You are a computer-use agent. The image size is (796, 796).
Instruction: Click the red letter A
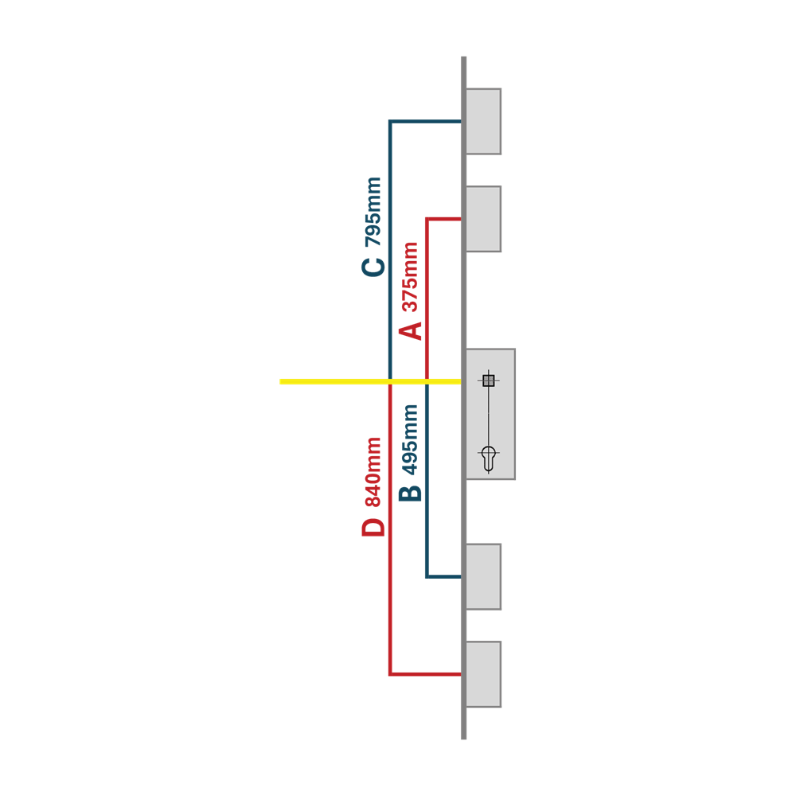(x=410, y=330)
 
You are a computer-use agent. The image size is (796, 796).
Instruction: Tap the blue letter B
(x=410, y=494)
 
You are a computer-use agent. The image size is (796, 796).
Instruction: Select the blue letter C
(x=373, y=267)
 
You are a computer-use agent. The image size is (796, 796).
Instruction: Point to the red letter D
(x=373, y=528)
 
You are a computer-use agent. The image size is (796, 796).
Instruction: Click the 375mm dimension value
(x=410, y=277)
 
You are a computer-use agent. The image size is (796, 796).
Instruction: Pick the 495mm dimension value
(x=410, y=439)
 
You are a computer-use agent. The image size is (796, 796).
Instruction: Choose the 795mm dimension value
(x=373, y=212)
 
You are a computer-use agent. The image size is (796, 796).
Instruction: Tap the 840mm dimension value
(x=373, y=472)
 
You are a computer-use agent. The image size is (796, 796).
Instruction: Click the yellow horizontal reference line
(x=370, y=381)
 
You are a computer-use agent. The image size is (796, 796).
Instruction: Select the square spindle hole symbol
(x=489, y=380)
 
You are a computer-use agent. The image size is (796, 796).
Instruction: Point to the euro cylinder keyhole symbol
(x=489, y=458)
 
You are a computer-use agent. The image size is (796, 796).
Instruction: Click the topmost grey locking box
(x=483, y=121)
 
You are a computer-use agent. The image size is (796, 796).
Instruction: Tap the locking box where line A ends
(x=483, y=219)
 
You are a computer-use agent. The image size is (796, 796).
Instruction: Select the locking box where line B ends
(x=483, y=576)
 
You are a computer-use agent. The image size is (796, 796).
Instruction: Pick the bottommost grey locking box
(x=483, y=674)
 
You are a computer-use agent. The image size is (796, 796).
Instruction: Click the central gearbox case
(x=490, y=414)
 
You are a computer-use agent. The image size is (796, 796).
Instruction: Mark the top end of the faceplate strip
(x=463, y=57)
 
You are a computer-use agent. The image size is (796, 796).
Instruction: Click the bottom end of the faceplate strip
(x=463, y=739)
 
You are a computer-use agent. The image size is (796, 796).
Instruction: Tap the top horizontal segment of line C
(x=425, y=121)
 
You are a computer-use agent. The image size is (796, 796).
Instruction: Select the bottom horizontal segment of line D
(x=425, y=674)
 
